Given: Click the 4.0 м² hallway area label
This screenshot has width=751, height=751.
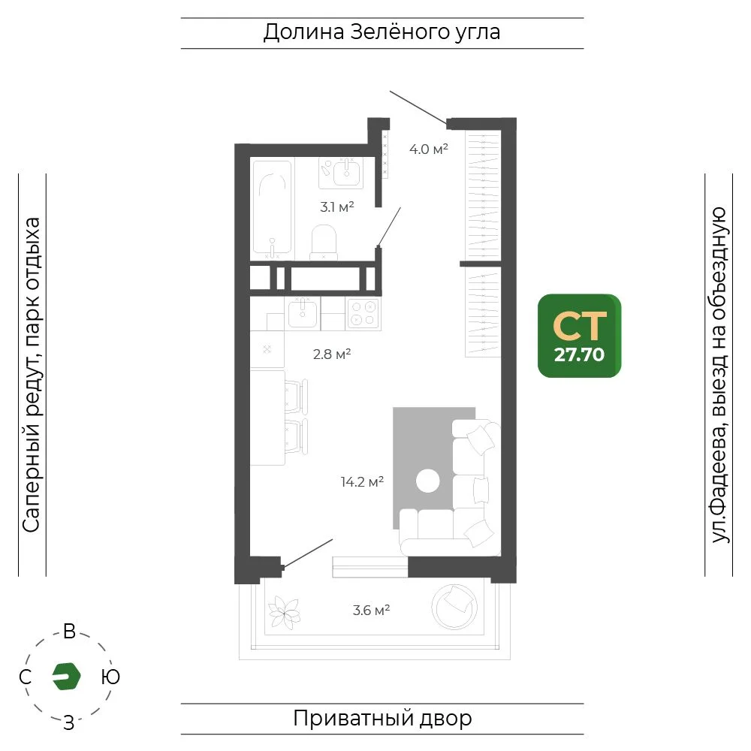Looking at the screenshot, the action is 429,149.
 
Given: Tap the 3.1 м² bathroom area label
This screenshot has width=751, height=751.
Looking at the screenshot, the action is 337,207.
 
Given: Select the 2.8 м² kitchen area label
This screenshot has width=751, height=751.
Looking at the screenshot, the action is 332,354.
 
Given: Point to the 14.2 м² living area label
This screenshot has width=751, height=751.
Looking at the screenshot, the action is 362,481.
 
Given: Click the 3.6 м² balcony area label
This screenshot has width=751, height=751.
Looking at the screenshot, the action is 371,610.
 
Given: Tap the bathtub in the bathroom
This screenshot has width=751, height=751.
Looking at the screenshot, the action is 272,207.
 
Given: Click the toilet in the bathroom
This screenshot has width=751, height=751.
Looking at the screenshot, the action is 324,242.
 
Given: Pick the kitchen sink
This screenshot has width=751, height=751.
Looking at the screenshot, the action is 302,313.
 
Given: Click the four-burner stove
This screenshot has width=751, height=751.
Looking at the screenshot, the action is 363,313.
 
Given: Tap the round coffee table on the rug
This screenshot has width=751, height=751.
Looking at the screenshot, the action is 428,481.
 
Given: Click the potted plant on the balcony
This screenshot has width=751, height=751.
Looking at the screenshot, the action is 284,612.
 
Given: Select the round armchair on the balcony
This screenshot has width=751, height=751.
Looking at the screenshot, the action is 454,607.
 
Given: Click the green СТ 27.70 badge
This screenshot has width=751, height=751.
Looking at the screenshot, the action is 580,336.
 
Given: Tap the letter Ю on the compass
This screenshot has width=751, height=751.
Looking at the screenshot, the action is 110,677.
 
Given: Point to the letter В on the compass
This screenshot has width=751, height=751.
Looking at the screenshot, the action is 69,632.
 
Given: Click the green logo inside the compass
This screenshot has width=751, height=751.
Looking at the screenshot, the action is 66,677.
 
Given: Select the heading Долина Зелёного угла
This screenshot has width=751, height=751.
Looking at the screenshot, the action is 382,32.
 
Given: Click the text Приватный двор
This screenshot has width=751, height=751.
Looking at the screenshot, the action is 382,719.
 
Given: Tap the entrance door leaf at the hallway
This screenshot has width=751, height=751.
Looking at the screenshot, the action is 418,107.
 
